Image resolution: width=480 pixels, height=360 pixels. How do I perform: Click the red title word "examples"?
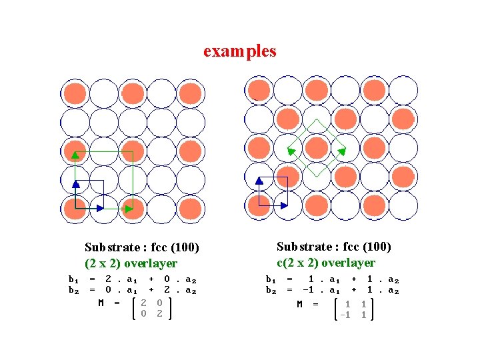pyautogui.click(x=239, y=51)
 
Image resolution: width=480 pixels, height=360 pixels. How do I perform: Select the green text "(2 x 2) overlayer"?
pyautogui.click(x=131, y=263)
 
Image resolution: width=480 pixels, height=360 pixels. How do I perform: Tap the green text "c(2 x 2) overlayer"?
pyautogui.click(x=326, y=263)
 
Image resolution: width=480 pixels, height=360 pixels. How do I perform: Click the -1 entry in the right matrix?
pyautogui.click(x=345, y=315)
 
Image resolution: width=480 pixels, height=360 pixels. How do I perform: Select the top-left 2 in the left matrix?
pyautogui.click(x=144, y=303)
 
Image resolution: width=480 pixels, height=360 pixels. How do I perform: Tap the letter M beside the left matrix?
pyautogui.click(x=101, y=303)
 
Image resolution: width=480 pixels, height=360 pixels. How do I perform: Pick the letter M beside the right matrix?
pyautogui.click(x=300, y=305)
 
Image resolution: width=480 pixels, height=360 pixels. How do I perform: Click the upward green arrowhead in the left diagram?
pyautogui.click(x=75, y=156)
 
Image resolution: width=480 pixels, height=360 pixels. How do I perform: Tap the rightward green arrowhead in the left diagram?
pyautogui.click(x=129, y=209)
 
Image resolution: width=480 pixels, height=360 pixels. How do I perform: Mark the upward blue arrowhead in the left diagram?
pyautogui.click(x=75, y=183)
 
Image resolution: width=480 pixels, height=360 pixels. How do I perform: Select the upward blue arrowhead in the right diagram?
pyautogui.click(x=259, y=180)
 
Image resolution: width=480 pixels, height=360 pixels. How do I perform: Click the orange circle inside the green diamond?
pyautogui.click(x=316, y=147)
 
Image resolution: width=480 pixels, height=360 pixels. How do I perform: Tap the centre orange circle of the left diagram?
pyautogui.click(x=133, y=151)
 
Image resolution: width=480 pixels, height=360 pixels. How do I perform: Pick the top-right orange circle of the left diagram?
pyautogui.click(x=190, y=93)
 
